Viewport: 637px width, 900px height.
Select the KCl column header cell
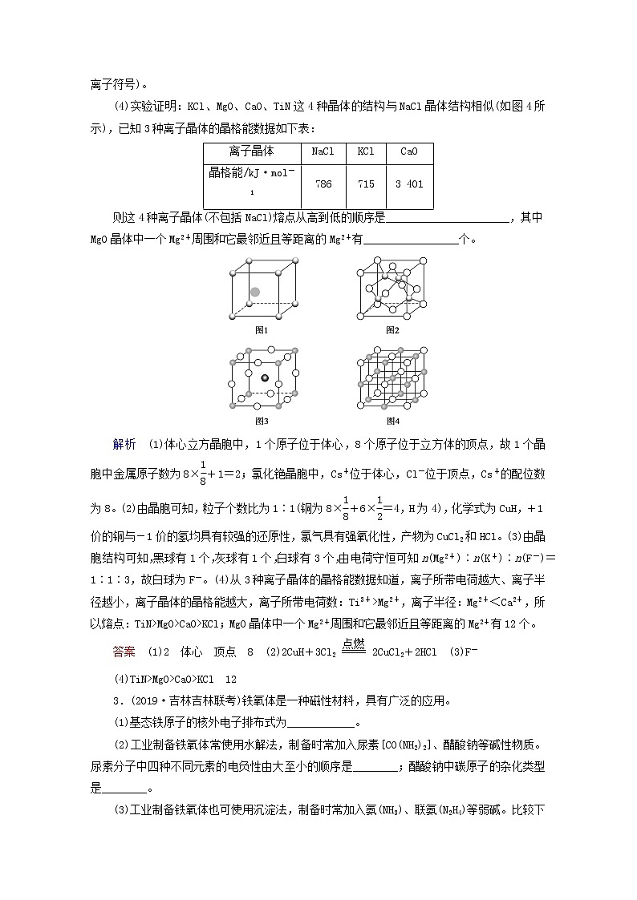point(366,151)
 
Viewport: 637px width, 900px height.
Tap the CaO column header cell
point(408,151)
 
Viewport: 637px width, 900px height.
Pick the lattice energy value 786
point(323,184)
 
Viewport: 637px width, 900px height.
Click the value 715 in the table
point(366,184)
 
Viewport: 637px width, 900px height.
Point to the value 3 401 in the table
point(409,184)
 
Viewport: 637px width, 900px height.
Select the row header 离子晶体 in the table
point(251,151)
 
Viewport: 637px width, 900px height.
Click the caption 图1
point(261,329)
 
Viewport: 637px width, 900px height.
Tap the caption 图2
point(392,329)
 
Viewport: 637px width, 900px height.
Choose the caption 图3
point(261,420)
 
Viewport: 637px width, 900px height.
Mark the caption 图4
point(392,420)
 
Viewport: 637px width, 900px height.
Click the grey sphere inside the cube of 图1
point(255,293)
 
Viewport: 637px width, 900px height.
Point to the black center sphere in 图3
point(265,377)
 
